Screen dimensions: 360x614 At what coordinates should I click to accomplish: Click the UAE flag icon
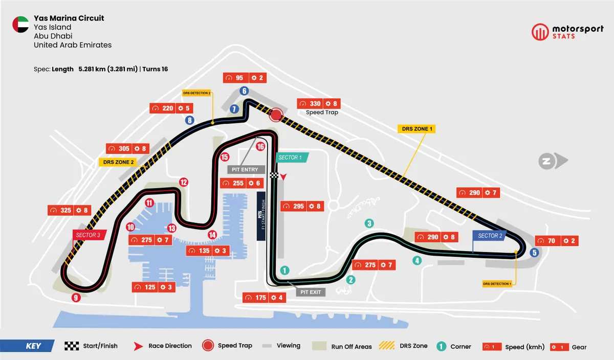point(20,25)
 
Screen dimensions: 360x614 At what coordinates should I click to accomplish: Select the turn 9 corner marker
point(76,298)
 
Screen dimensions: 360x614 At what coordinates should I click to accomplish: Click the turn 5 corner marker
point(535,252)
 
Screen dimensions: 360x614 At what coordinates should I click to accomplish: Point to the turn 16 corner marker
point(260,146)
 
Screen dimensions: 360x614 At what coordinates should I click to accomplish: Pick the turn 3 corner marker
point(369,223)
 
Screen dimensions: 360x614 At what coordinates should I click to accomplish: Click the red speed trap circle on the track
point(276,115)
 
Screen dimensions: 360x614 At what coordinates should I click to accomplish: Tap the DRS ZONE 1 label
point(416,129)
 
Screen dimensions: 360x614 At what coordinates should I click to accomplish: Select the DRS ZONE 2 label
point(116,162)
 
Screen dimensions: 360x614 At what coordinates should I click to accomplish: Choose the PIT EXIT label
point(311,292)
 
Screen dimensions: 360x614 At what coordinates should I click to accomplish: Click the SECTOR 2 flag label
point(489,236)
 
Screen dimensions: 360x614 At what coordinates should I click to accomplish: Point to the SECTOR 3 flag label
point(89,235)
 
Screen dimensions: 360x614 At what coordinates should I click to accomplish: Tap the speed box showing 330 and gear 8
point(318,104)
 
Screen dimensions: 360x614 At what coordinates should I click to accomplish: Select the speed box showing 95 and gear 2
point(245,78)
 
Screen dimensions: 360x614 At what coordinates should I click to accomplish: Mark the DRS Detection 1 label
point(497,283)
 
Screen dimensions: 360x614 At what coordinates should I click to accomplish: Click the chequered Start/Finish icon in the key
point(72,346)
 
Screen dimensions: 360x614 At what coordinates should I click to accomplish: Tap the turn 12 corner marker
point(184,182)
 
